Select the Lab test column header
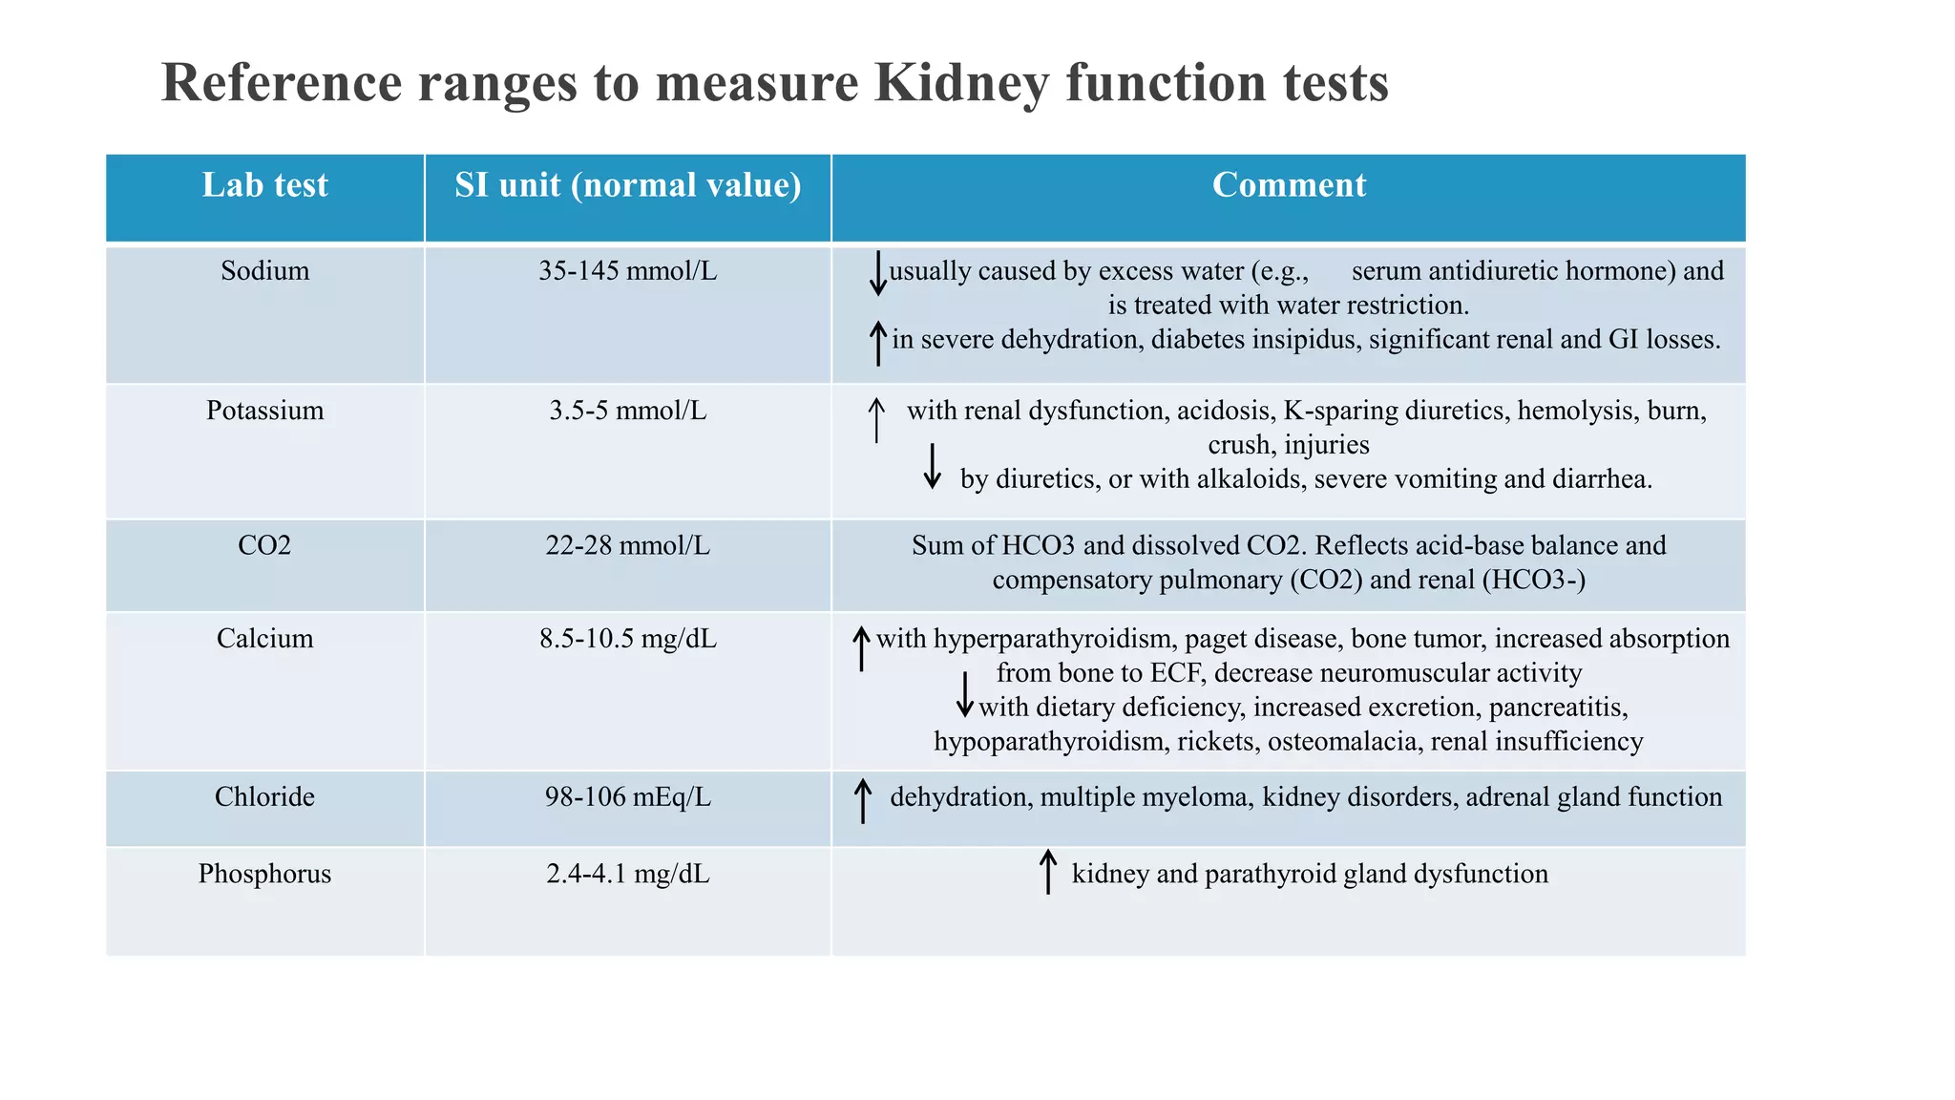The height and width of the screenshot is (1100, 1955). pos(264,185)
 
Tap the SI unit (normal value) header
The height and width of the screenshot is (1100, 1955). pos(627,185)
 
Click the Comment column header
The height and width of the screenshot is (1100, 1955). pos(1288,185)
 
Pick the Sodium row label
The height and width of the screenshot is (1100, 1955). pos(264,271)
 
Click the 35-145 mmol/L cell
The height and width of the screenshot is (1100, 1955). pos(627,271)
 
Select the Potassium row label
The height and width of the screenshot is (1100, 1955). pos(264,411)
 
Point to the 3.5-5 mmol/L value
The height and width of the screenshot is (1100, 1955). pos(627,411)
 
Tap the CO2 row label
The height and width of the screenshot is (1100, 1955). pos(264,546)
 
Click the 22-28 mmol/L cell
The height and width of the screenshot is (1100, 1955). pos(627,546)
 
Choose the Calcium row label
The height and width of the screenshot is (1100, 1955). pos(264,639)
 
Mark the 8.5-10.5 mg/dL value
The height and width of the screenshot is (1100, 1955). pos(627,639)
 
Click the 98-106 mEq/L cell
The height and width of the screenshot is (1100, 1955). pos(627,797)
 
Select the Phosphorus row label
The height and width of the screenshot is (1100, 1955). pos(264,875)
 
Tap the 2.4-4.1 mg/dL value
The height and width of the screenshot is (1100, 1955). pos(627,875)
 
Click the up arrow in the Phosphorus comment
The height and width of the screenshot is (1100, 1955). pos(1047,871)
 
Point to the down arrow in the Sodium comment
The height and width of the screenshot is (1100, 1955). pos(877,274)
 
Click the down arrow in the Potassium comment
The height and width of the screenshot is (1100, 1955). pos(933,466)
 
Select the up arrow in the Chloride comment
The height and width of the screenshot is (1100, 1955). pos(862,800)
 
